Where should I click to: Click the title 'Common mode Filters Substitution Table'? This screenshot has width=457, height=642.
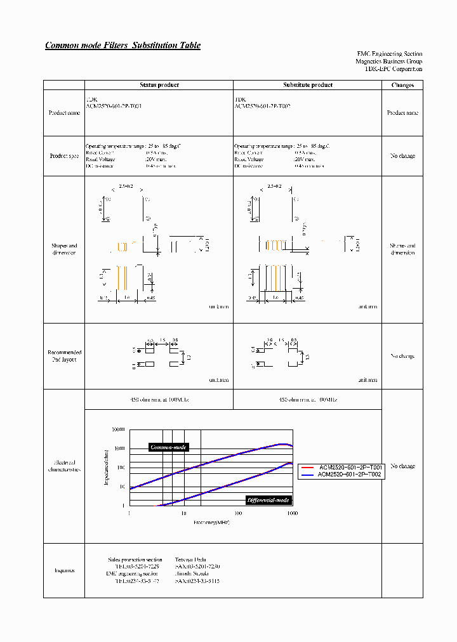[x=123, y=45]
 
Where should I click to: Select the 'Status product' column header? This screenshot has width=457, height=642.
[x=159, y=85]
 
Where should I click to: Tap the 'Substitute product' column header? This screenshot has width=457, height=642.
[x=307, y=85]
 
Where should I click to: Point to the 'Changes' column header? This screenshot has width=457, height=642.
[x=402, y=85]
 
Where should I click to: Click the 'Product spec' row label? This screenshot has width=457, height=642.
[x=63, y=156]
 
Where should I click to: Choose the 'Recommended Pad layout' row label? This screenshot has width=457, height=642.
[x=63, y=356]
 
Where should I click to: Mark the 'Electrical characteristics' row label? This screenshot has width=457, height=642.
[x=63, y=466]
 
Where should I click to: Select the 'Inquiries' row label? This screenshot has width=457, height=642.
[x=63, y=570]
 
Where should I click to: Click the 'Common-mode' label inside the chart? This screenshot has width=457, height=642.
[x=168, y=447]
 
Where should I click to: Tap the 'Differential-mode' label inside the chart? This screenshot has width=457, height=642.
[x=268, y=500]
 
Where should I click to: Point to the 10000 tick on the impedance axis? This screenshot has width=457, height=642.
[x=119, y=430]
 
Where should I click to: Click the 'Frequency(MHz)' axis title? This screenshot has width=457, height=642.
[x=211, y=523]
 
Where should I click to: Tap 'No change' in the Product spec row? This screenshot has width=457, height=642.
[x=402, y=156]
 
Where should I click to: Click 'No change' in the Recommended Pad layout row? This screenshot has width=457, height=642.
[x=402, y=356]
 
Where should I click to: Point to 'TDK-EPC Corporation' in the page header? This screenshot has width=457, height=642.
[x=394, y=69]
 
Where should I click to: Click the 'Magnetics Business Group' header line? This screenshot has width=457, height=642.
[x=388, y=62]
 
